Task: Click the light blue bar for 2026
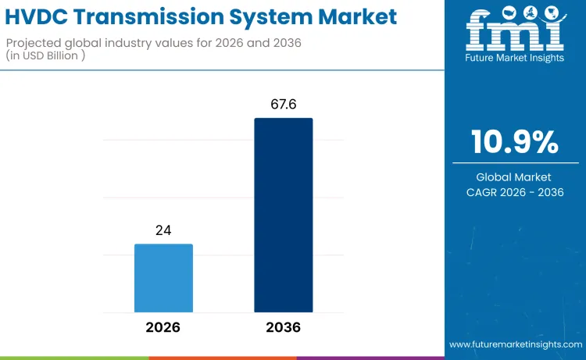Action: click(x=163, y=278)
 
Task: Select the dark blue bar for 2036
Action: click(x=283, y=216)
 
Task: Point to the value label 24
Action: click(x=163, y=230)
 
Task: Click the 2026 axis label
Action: click(x=163, y=327)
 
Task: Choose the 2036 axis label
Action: click(x=283, y=327)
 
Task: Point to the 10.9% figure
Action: click(x=514, y=141)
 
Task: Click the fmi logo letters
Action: click(x=514, y=33)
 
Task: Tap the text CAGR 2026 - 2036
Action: click(x=514, y=192)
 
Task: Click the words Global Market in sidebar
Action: click(x=514, y=177)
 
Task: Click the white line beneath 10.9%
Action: click(x=514, y=162)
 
